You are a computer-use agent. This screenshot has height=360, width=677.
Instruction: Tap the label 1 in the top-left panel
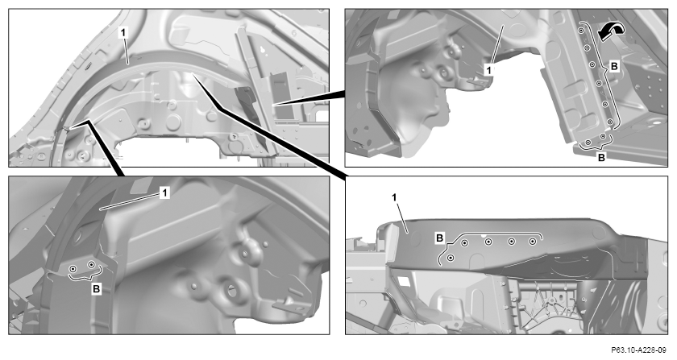(x=123, y=32)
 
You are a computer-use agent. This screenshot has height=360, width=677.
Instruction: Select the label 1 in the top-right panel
(x=488, y=69)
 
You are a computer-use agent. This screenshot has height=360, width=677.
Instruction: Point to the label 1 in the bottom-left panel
(x=164, y=192)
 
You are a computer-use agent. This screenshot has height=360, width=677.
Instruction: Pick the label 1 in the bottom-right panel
(x=394, y=197)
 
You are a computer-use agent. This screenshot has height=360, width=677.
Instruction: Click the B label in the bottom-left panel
(x=96, y=289)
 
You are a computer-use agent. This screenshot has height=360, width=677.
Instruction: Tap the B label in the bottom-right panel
(x=439, y=238)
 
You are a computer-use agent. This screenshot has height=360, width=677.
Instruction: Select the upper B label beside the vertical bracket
(x=614, y=67)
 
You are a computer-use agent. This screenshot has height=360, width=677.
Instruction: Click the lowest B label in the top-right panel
(x=601, y=158)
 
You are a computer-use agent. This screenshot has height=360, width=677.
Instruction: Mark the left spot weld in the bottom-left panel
(x=73, y=268)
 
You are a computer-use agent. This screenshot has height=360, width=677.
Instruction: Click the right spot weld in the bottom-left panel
(x=91, y=264)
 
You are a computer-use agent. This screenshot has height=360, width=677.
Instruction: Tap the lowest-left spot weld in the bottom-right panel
(x=451, y=258)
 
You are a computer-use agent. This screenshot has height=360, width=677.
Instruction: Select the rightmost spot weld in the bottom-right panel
(x=533, y=242)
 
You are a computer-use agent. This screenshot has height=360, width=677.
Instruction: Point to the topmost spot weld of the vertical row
(x=581, y=31)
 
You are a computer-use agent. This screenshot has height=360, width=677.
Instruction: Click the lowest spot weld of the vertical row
(x=609, y=122)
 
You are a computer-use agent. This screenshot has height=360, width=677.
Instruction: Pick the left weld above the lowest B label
(x=588, y=142)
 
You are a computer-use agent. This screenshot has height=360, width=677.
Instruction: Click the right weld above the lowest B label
(x=603, y=136)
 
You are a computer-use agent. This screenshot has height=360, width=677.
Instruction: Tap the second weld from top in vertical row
(x=587, y=47)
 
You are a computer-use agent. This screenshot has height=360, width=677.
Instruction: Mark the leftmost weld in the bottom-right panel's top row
(x=464, y=243)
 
